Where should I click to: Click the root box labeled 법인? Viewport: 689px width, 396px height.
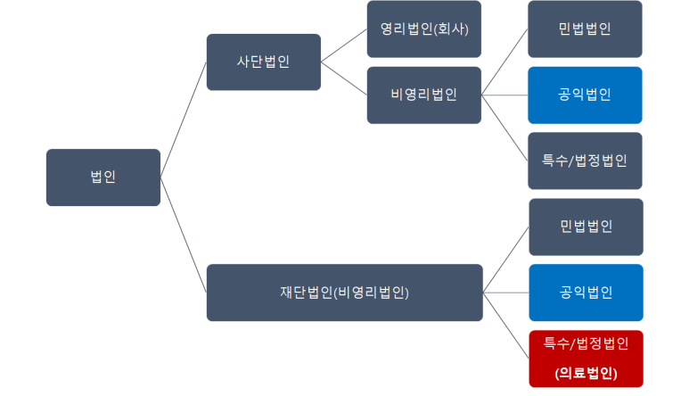click(x=103, y=177)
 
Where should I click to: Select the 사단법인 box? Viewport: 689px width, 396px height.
click(x=263, y=62)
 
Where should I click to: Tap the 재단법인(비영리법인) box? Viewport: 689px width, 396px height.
click(x=344, y=292)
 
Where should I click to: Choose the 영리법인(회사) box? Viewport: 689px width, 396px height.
click(x=423, y=29)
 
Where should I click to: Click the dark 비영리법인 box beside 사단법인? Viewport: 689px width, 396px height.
click(x=423, y=95)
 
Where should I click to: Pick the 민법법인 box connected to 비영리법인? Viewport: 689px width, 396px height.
click(x=585, y=29)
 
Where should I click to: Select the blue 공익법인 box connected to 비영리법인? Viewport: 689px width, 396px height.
click(x=585, y=95)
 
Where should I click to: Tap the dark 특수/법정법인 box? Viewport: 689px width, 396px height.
click(x=585, y=161)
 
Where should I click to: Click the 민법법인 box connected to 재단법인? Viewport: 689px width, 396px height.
click(x=586, y=227)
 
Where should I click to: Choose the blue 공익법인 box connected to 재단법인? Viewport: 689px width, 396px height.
click(x=586, y=292)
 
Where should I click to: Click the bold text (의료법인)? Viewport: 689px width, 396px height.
click(x=586, y=372)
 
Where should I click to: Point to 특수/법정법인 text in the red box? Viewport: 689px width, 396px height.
click(x=586, y=343)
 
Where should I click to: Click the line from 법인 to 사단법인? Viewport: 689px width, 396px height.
click(x=184, y=120)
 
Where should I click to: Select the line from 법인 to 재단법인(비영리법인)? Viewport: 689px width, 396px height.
click(x=184, y=235)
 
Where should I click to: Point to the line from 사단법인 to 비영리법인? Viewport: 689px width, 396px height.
click(x=344, y=78)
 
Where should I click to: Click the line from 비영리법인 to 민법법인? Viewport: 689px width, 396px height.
click(x=504, y=62)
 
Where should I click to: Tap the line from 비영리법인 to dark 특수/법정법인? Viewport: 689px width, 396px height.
click(x=504, y=128)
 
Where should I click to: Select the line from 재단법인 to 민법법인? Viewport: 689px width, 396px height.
click(x=506, y=259)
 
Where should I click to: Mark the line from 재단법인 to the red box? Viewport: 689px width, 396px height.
click(x=506, y=325)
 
